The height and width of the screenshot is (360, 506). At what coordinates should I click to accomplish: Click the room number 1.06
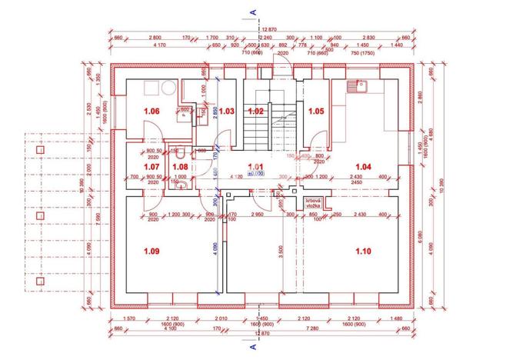pyautogui.click(x=151, y=112)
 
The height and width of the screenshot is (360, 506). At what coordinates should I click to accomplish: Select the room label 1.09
pyautogui.click(x=151, y=250)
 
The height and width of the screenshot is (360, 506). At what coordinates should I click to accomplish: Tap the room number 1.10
pyautogui.click(x=362, y=250)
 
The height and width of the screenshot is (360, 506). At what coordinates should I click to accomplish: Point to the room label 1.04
pyautogui.click(x=362, y=165)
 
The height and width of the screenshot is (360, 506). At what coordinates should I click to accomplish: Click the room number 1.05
pyautogui.click(x=315, y=112)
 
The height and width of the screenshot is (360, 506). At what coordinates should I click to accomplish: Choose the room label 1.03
pyautogui.click(x=226, y=112)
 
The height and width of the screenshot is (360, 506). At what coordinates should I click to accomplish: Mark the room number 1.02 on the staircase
pyautogui.click(x=256, y=112)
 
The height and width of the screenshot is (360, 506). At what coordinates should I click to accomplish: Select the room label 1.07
pyautogui.click(x=151, y=165)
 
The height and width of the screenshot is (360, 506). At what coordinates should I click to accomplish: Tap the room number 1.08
pyautogui.click(x=179, y=165)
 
